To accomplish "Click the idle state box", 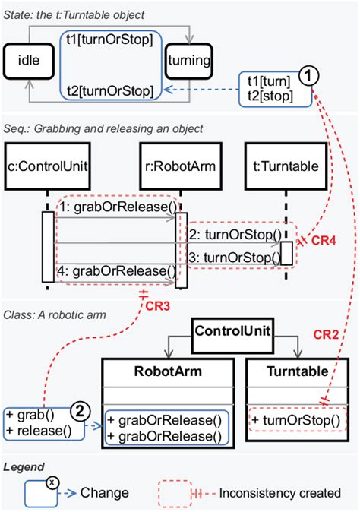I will pyautogui.click(x=27, y=58).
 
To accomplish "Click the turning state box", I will pyautogui.click(x=189, y=58).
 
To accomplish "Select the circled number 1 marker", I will pyautogui.click(x=307, y=74).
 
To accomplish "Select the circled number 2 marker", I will pyautogui.click(x=79, y=411).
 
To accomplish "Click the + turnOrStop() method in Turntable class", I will pyautogui.click(x=293, y=420).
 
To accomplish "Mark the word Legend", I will pyautogui.click(x=24, y=466).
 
